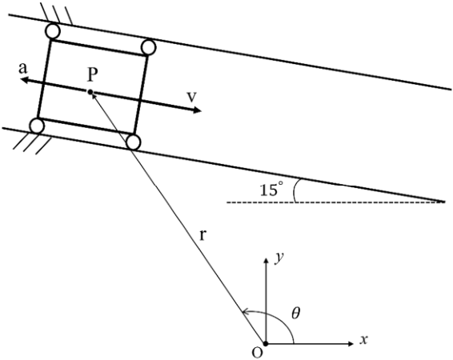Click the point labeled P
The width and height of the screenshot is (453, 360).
90,92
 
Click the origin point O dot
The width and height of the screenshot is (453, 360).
266,343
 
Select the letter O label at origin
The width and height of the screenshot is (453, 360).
257,353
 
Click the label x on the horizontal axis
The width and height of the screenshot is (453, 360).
363,340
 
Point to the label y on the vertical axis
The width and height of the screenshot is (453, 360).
279,258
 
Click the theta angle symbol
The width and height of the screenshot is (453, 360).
295,314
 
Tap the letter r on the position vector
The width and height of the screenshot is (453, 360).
202,235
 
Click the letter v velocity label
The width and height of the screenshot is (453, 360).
191,97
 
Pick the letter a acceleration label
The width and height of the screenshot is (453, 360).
23,69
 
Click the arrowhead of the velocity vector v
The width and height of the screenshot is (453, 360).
197,110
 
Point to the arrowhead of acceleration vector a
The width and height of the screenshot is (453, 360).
26,80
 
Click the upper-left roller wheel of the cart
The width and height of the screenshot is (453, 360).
53,31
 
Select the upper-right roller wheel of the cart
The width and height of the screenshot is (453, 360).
149,47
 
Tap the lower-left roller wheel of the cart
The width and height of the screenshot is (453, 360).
38,126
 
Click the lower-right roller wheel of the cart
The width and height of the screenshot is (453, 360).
134,142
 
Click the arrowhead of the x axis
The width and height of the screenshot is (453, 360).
351,343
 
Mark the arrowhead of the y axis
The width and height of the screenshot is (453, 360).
266,259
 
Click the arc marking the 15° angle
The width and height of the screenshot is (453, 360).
295,190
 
